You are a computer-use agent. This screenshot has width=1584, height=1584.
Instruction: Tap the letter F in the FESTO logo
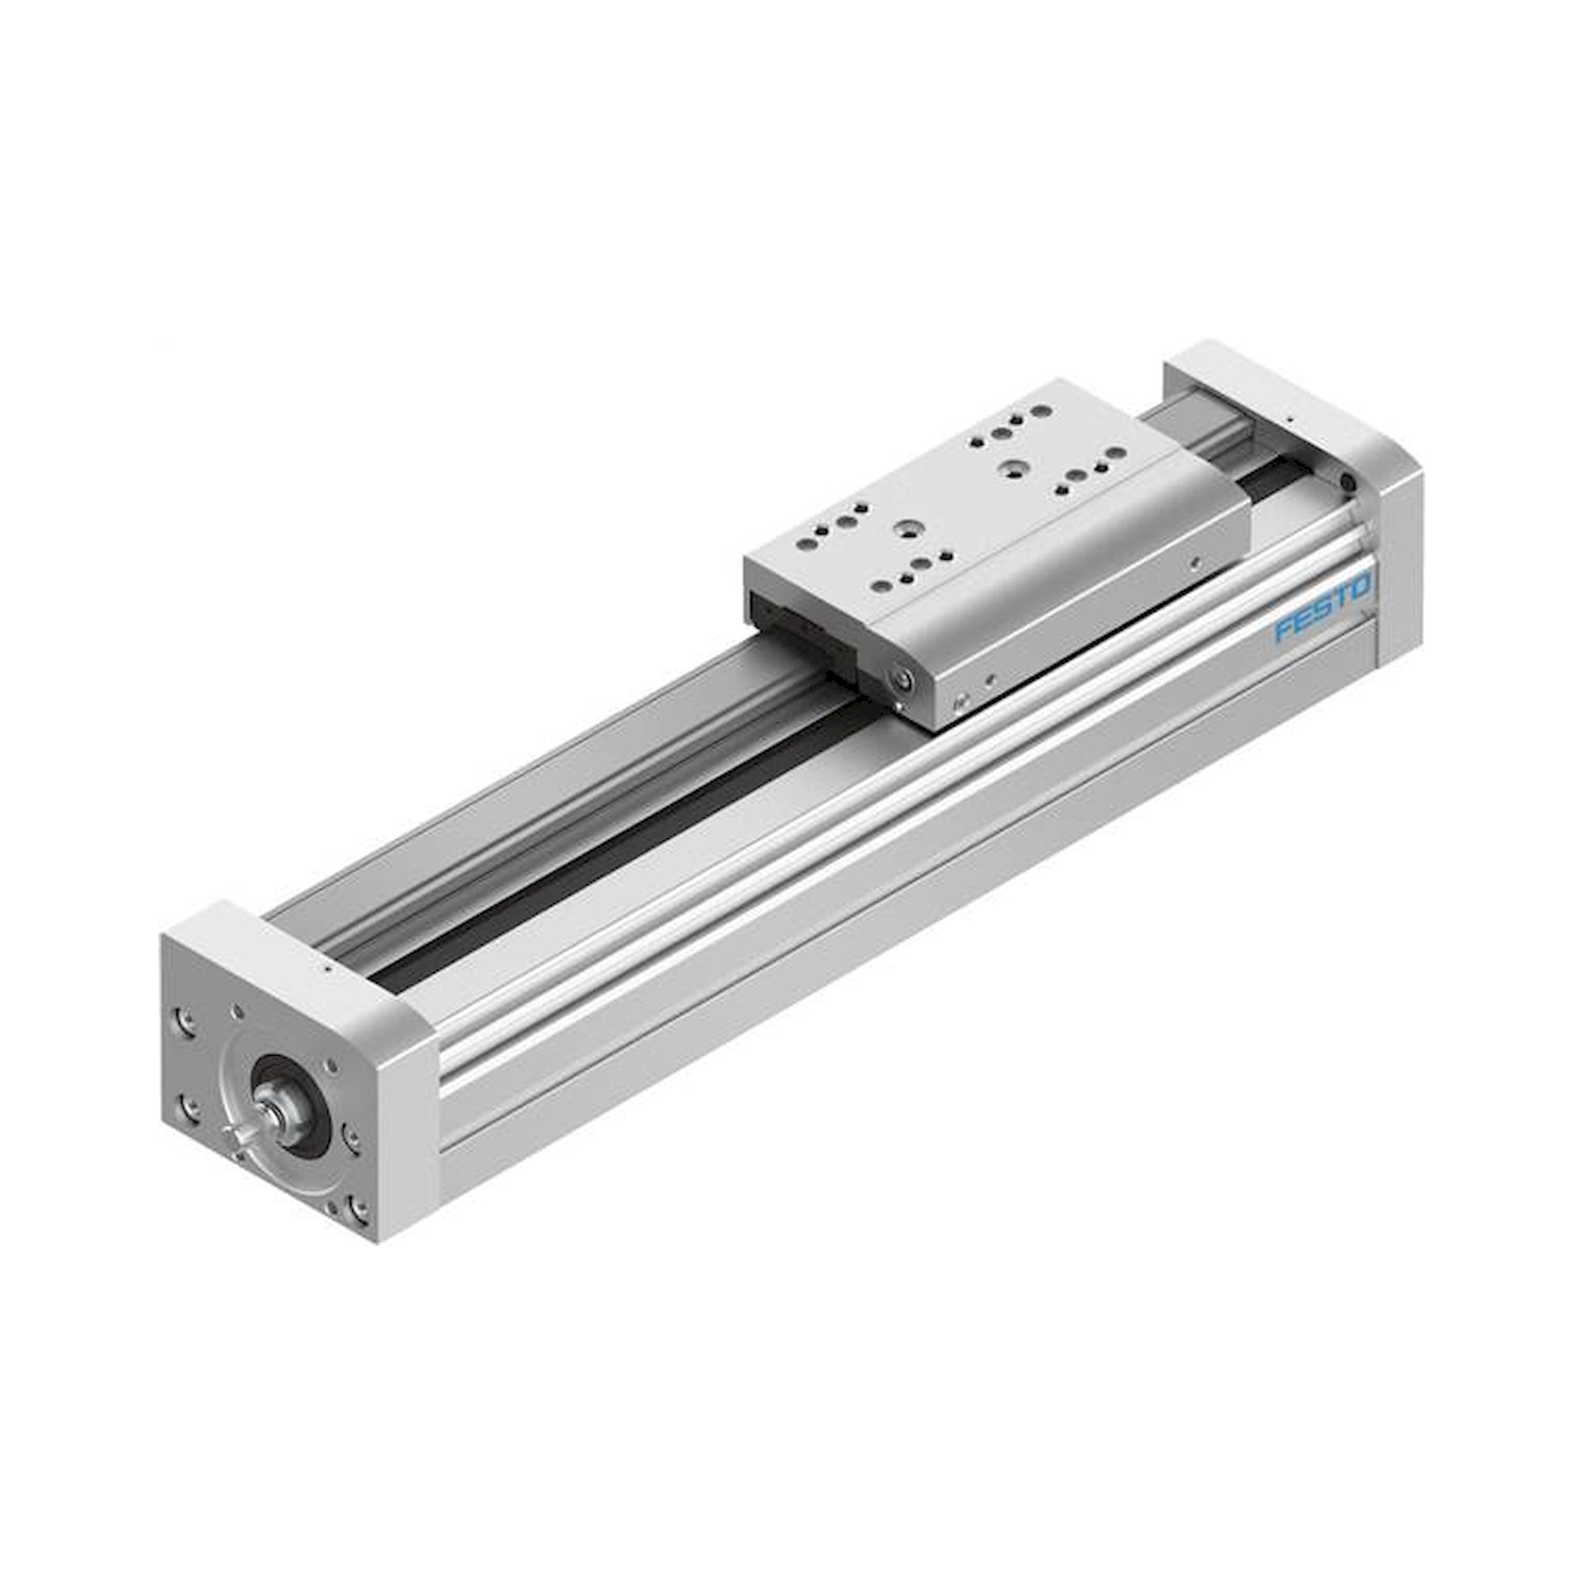click(1285, 630)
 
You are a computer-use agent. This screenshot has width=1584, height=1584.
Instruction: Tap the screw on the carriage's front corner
click(904, 679)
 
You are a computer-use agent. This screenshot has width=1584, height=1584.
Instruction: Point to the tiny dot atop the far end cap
click(1289, 419)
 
